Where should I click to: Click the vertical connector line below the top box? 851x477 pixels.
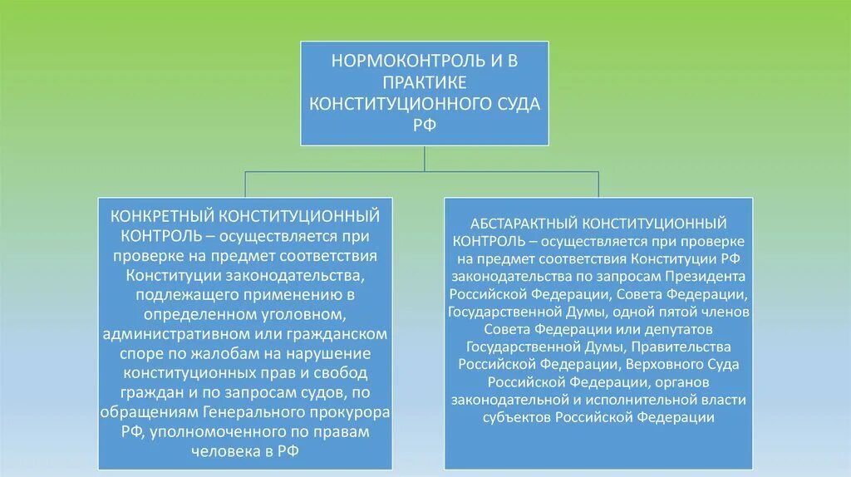[x=425, y=158]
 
